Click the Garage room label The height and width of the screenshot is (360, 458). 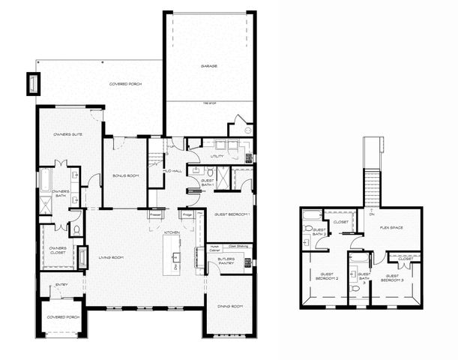pyautogui.click(x=209, y=66)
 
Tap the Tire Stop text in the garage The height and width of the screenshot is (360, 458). pyautogui.click(x=209, y=103)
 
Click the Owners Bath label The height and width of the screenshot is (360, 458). pyautogui.click(x=60, y=193)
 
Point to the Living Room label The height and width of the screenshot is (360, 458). pyautogui.click(x=111, y=258)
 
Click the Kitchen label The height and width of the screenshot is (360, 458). pyautogui.click(x=172, y=233)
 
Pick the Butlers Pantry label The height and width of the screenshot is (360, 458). pyautogui.click(x=226, y=261)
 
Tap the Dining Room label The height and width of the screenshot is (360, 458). pyautogui.click(x=229, y=307)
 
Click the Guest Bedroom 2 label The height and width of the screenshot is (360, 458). pyautogui.click(x=328, y=277)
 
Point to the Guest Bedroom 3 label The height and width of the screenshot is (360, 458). pyautogui.click(x=394, y=277)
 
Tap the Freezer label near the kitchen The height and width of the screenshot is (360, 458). pyautogui.click(x=156, y=214)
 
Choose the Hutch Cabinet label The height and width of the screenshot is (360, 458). pyautogui.click(x=214, y=247)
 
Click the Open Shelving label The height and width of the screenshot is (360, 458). pyautogui.click(x=238, y=245)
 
